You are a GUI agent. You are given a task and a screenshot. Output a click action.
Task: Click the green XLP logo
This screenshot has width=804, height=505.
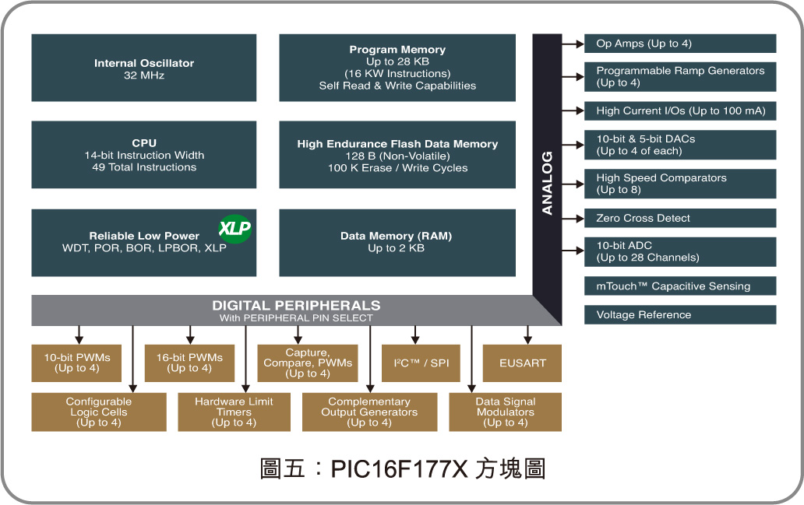click(235, 228)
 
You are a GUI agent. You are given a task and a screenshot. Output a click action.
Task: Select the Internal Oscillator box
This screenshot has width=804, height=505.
click(144, 68)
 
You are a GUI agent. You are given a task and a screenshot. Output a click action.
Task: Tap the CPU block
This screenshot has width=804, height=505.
click(144, 155)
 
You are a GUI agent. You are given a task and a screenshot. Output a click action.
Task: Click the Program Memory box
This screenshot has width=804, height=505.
click(397, 68)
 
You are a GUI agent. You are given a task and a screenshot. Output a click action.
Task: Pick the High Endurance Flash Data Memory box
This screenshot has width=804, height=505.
click(397, 155)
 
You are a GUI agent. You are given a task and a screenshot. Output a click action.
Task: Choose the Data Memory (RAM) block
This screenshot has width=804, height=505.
click(397, 242)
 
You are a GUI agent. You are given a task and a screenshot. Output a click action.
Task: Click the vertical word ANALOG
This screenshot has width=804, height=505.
click(547, 183)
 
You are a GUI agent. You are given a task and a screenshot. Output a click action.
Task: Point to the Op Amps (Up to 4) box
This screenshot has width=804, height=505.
click(680, 44)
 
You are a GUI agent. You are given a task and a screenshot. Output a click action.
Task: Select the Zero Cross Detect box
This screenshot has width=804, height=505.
click(680, 218)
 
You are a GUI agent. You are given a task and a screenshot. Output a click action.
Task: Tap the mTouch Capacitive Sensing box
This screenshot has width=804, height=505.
click(680, 286)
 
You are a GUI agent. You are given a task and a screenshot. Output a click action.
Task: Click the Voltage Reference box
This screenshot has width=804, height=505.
click(680, 314)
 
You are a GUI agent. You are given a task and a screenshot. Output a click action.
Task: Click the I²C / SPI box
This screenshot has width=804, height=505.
click(421, 363)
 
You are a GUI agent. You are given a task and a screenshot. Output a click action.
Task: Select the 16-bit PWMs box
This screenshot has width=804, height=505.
click(189, 363)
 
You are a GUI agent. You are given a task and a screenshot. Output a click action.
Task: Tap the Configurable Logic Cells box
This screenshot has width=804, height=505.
click(99, 412)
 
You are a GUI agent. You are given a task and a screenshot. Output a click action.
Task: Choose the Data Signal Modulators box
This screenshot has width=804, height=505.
click(505, 412)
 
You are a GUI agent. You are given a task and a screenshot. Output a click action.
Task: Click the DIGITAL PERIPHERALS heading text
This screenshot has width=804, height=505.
click(296, 306)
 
